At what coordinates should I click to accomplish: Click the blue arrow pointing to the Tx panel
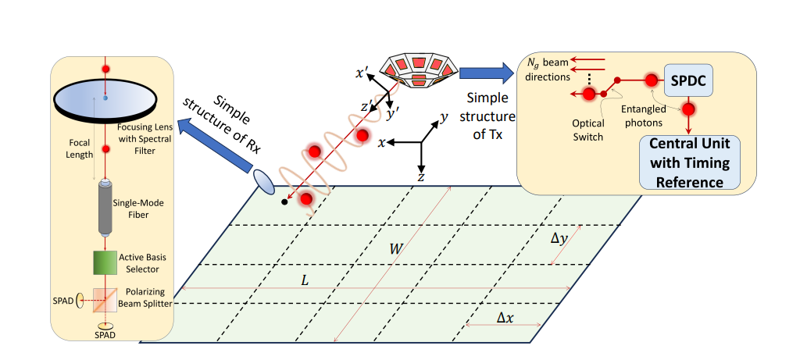coord(485,73)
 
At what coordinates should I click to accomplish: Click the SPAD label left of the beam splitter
coord(64,299)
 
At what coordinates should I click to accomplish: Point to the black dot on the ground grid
coord(284,202)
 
